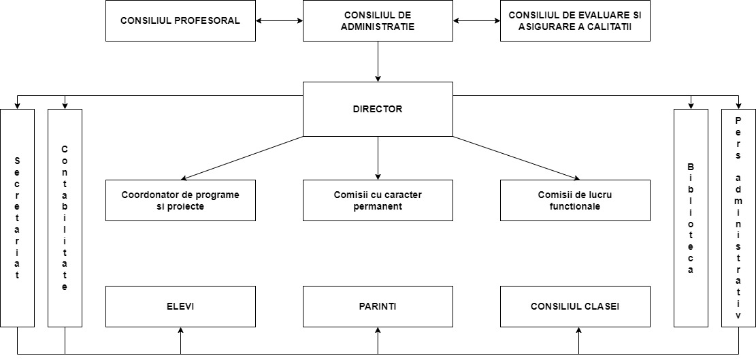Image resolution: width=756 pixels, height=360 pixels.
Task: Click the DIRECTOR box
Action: pyautogui.click(x=378, y=109)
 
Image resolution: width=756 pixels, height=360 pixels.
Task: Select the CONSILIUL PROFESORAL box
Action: pyautogui.click(x=180, y=20)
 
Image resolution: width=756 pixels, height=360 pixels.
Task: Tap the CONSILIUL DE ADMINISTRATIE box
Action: pyautogui.click(x=378, y=20)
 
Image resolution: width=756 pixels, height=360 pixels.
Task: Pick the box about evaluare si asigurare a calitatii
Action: pyautogui.click(x=575, y=20)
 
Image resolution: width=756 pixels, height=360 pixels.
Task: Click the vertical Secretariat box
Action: pyautogui.click(x=18, y=218)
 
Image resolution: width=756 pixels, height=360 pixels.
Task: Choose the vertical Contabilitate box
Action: pyautogui.click(x=65, y=218)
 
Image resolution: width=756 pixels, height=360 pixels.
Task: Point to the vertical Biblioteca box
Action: pyautogui.click(x=691, y=218)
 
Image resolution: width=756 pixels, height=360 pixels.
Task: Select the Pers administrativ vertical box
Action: pyautogui.click(x=738, y=218)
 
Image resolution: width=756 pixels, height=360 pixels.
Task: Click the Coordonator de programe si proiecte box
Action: pyautogui.click(x=180, y=201)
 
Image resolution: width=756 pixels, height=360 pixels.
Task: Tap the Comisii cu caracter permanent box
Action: pyautogui.click(x=378, y=201)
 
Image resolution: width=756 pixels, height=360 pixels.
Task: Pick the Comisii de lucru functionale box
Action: pyautogui.click(x=575, y=201)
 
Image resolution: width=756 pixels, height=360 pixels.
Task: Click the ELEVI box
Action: pyautogui.click(x=180, y=306)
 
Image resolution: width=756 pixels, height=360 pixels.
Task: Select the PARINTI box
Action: pyautogui.click(x=378, y=306)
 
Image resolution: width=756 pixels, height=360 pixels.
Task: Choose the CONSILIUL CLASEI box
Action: pyautogui.click(x=575, y=306)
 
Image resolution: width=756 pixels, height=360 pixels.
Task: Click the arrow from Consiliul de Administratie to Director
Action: pyautogui.click(x=378, y=62)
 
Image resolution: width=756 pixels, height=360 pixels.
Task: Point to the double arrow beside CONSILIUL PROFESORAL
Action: pyautogui.click(x=279, y=20)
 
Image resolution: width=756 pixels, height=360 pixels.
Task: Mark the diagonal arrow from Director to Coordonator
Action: pyautogui.click(x=242, y=158)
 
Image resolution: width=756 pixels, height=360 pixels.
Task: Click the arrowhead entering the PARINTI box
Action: pyautogui.click(x=378, y=330)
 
